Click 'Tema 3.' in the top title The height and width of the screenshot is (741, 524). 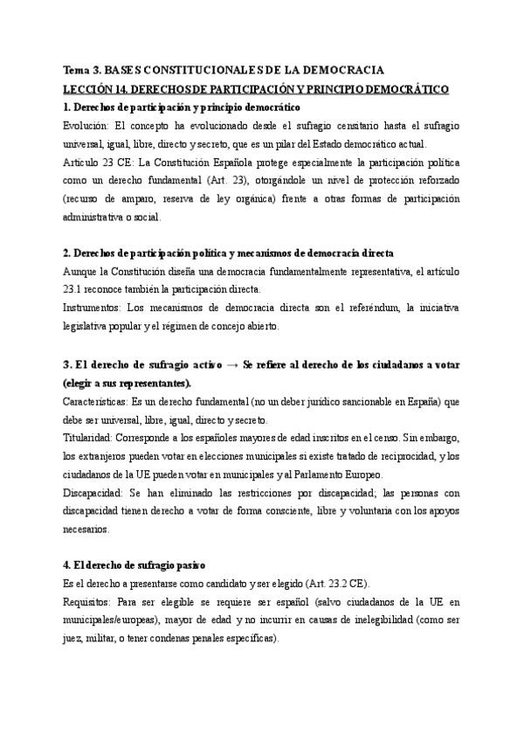[83, 70]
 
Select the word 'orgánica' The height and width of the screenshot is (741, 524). [261, 199]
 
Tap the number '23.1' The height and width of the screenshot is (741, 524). [77, 290]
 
